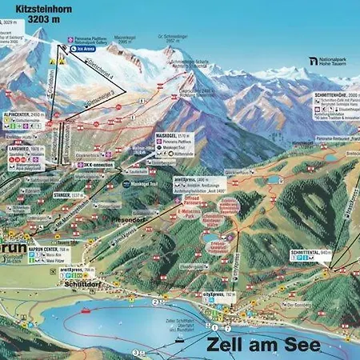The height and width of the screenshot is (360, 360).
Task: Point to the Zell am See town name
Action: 263,345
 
